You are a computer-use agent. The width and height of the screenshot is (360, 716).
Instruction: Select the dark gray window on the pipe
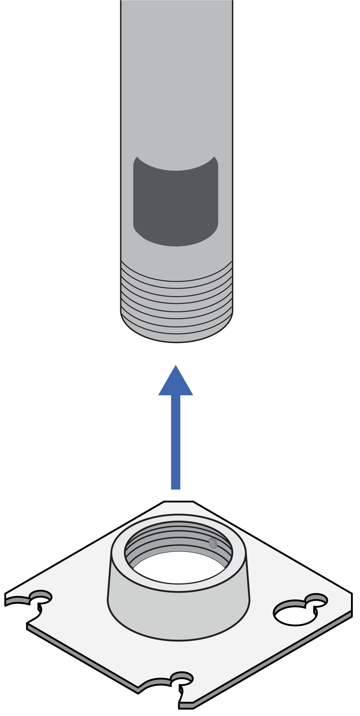point(176,204)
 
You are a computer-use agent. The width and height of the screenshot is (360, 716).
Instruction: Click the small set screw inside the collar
point(213,543)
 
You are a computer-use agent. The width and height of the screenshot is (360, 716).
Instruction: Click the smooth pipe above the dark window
point(177,87)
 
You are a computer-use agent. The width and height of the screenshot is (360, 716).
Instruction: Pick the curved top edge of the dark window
point(176,170)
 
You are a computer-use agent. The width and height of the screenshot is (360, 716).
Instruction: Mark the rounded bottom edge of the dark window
point(176,245)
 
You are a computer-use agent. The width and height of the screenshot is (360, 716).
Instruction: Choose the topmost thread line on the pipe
point(177,280)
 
